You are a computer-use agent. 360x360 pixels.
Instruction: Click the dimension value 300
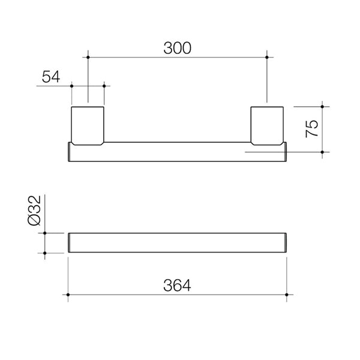coord(177,48)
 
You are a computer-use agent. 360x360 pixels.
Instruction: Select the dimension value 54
coord(50,76)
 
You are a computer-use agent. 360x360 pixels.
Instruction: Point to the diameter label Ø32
coord(34,212)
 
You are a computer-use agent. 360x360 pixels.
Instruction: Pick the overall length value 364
coord(178,286)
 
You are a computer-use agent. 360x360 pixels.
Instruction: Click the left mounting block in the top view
coord(88,125)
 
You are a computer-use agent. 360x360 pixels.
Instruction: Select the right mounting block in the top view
coord(267,125)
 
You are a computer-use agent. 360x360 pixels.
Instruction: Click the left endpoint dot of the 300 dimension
coord(88,57)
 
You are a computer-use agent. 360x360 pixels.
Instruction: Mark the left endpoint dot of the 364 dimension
coord(68,295)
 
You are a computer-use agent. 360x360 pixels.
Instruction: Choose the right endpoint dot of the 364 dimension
coord(287,295)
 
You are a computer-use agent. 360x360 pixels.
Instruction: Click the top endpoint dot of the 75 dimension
coord(322,107)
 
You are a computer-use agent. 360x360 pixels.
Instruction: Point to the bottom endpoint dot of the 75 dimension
coord(322,152)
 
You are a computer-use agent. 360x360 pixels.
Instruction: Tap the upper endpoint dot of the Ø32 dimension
coord(45,232)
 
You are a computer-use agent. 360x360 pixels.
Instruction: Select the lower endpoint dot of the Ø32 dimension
coord(45,253)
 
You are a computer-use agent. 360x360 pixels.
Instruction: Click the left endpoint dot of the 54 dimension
coord(72,86)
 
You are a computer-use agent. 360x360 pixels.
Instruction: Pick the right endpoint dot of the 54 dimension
coord(104,86)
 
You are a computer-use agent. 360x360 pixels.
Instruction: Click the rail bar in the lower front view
coord(178,242)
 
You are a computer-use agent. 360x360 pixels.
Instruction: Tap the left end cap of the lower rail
coord(70,242)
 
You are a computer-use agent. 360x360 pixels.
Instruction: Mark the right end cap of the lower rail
coord(286,242)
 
